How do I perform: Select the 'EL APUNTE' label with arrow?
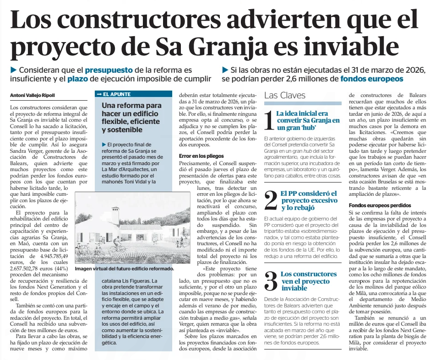(114, 94)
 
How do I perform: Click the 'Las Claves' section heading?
(285, 96)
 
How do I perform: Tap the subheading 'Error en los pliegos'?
(198, 156)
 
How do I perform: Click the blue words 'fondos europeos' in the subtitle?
(371, 79)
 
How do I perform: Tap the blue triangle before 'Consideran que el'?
(13, 70)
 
